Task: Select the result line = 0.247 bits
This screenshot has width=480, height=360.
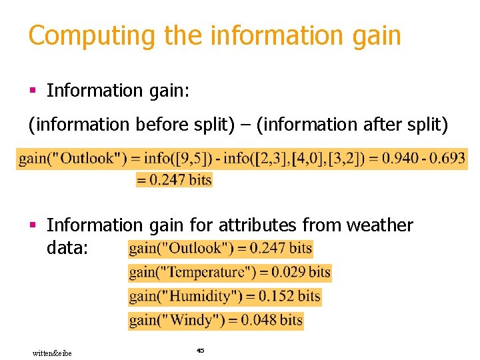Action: click(x=174, y=179)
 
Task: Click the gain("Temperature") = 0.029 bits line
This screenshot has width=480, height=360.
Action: click(x=229, y=272)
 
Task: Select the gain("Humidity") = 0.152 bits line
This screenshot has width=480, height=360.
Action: click(x=225, y=296)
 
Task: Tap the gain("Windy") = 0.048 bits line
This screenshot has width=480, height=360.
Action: click(x=216, y=320)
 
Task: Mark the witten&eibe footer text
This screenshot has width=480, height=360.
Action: click(x=52, y=353)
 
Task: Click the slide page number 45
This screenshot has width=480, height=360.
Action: click(x=200, y=350)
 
